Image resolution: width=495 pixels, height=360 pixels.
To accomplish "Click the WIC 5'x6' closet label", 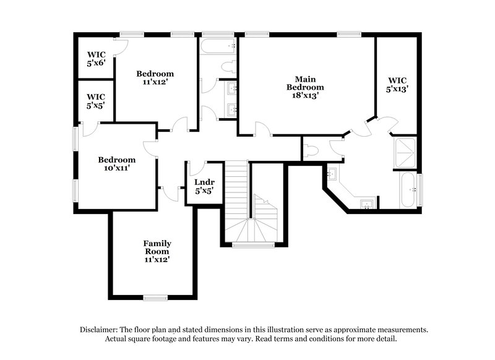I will click(x=95, y=58).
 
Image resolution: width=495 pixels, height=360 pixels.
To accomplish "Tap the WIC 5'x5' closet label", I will click(x=95, y=101).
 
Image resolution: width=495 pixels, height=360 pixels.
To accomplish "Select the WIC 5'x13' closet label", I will click(x=397, y=84).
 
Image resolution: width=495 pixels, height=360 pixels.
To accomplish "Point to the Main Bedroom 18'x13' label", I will click(x=305, y=87).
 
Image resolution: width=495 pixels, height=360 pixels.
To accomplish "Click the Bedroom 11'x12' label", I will click(x=155, y=77).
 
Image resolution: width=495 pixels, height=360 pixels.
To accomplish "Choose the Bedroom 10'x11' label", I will click(x=116, y=163).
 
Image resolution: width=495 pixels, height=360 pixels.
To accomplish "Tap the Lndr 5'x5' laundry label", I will click(x=204, y=186).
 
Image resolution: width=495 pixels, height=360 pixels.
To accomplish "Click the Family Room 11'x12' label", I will click(x=157, y=251).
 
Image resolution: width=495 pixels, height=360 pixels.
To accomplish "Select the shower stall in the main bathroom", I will click(x=405, y=152).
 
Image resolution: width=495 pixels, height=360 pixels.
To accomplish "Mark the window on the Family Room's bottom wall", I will click(x=155, y=298).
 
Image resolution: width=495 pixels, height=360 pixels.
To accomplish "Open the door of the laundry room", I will click(x=197, y=168).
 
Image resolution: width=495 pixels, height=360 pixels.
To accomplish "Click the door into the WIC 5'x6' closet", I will click(x=121, y=46).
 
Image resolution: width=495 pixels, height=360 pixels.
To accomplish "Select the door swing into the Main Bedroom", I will click(x=262, y=129).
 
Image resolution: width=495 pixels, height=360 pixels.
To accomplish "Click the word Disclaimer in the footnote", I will click(x=100, y=330).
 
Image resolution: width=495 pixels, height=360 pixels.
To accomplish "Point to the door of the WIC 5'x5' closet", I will click(x=88, y=128).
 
